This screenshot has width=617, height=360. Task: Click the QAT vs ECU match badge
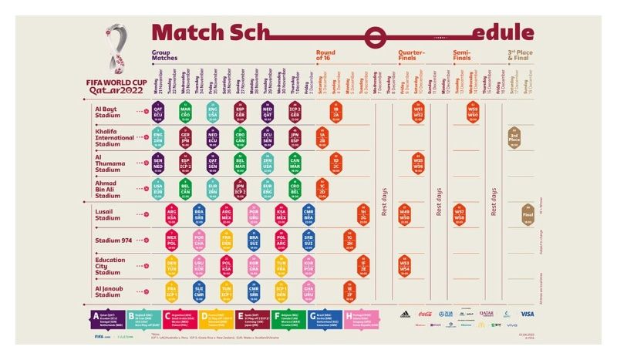tap(158, 113)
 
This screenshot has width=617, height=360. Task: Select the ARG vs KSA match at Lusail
tap(172, 214)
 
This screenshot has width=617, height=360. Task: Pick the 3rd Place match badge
tap(514, 139)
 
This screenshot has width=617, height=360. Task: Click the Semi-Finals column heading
tap(462, 56)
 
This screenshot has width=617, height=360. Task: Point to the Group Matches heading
tap(165, 56)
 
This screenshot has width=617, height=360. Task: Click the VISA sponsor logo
tap(527, 315)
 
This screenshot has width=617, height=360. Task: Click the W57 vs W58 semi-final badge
tap(460, 214)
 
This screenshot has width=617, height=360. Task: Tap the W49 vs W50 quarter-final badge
tap(405, 214)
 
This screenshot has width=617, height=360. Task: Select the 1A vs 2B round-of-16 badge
tap(322, 139)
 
